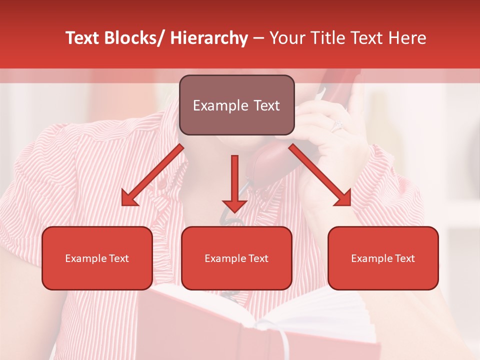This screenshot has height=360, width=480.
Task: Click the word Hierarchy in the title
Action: (209, 38)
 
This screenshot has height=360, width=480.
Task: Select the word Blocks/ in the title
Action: (133, 38)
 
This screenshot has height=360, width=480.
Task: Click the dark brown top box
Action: (236, 105)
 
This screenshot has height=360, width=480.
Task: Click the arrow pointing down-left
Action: (150, 177)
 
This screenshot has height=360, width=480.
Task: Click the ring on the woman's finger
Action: (336, 124)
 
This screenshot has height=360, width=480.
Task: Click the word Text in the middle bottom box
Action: (257, 258)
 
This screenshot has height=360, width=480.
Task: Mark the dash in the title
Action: (258, 39)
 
